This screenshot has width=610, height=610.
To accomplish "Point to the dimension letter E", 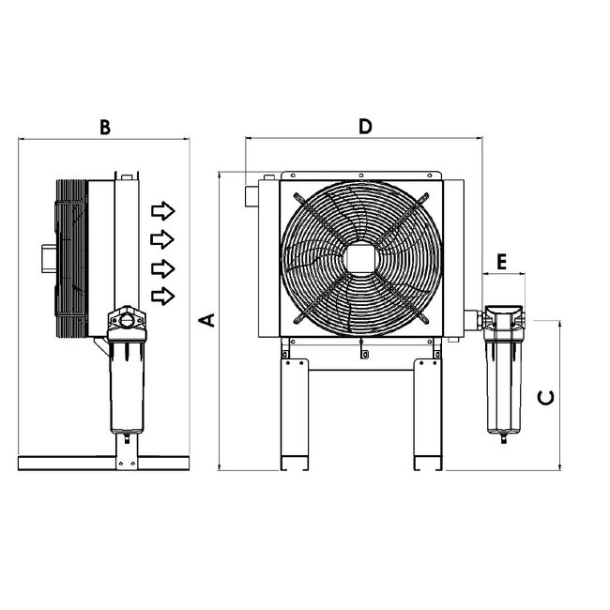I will pyautogui.click(x=502, y=262).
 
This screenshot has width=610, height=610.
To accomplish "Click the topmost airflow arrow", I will pyautogui.click(x=163, y=208).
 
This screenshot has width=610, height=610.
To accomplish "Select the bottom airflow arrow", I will pyautogui.click(x=163, y=297).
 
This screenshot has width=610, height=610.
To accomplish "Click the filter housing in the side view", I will pyautogui.click(x=127, y=385).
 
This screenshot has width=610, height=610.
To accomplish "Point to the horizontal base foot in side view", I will pyautogui.click(x=103, y=463).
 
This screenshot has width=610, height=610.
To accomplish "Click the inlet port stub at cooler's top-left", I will pyautogui.click(x=251, y=196).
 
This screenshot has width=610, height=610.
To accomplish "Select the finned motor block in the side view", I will pyautogui.click(x=71, y=255).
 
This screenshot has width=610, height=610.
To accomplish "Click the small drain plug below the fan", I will pyautogui.click(x=364, y=355).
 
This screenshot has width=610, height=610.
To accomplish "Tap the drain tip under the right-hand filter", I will pyautogui.click(x=503, y=439).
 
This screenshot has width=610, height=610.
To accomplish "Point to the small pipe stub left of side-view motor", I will pyautogui.click(x=48, y=256).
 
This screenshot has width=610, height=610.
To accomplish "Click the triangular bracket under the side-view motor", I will pyautogui.click(x=98, y=345).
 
